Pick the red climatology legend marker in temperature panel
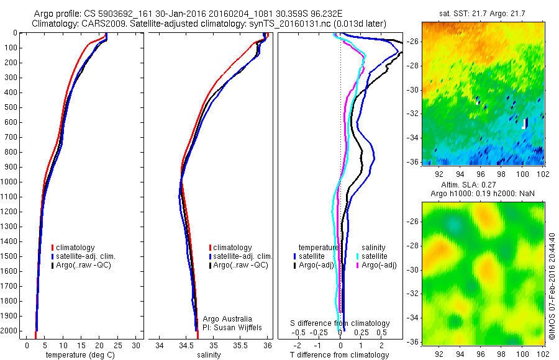[53, 248]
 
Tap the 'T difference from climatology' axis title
[339, 355]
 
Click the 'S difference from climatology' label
[340, 323]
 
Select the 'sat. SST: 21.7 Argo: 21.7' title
[483, 13]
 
